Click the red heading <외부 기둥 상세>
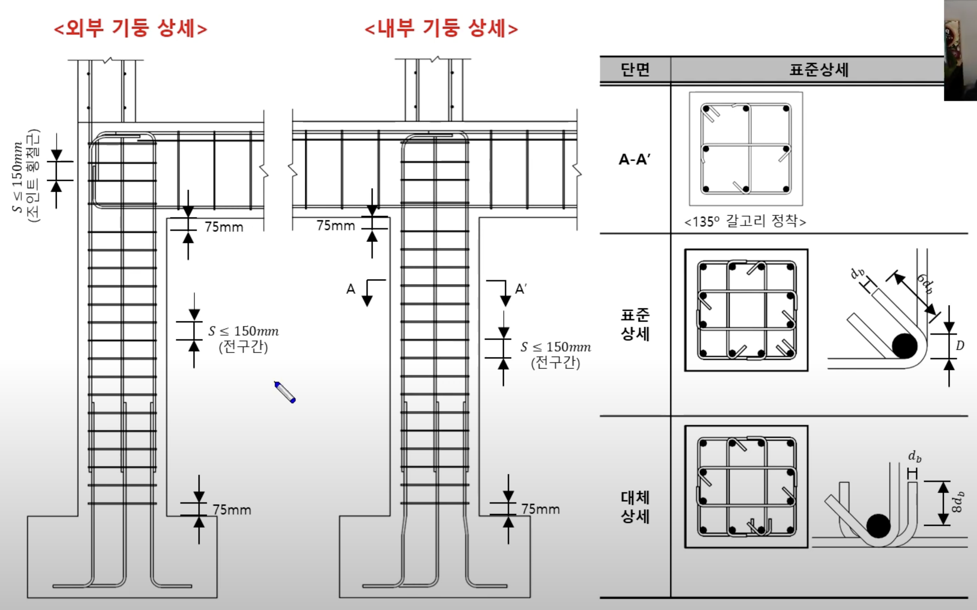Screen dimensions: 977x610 pos(131,28)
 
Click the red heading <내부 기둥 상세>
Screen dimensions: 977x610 pos(441,28)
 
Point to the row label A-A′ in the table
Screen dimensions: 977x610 pos(635,159)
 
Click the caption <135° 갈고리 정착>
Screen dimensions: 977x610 pos(745,221)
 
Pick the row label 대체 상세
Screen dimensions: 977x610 pos(635,507)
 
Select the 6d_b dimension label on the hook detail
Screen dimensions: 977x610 pos(925,284)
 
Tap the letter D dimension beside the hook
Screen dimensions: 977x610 pos(960,345)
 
